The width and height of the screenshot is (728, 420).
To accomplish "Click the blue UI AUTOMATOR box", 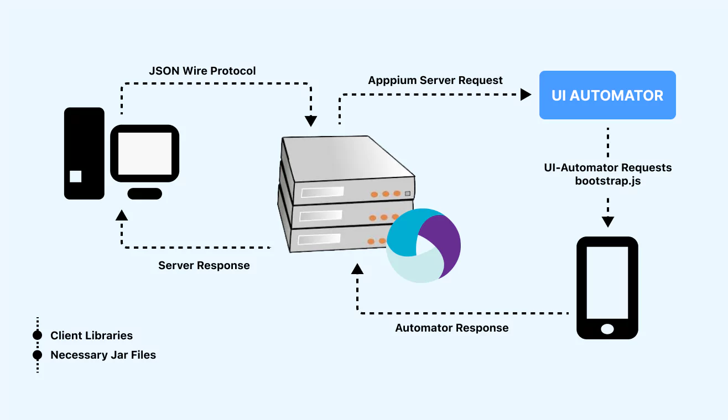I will [607, 95].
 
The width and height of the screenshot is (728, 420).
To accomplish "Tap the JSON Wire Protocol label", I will [202, 71].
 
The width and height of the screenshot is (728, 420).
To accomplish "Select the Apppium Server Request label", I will [435, 80].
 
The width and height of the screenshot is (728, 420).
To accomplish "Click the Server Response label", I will [204, 265].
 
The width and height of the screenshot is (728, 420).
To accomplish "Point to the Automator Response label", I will [451, 328].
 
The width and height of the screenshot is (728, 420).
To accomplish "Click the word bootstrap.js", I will [608, 181].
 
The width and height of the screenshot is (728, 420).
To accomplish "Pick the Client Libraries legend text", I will [91, 335].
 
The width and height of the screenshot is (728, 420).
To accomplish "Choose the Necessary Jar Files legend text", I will [103, 355].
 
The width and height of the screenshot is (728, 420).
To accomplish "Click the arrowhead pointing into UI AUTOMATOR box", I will [526, 95].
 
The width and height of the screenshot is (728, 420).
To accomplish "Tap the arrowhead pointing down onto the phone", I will [608, 222].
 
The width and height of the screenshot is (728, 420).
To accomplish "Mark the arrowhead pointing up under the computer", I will [122, 214].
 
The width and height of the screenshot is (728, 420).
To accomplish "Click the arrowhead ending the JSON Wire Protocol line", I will [311, 121].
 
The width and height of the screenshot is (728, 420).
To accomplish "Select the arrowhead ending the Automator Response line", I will [357, 269].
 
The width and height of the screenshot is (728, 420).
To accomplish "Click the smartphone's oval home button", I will [607, 329].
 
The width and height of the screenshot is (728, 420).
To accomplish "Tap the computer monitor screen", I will [145, 154].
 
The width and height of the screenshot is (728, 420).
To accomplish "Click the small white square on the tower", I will [76, 176].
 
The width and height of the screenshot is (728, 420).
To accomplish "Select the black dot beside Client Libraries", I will [38, 335].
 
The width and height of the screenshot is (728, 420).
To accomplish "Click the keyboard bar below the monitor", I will [144, 193].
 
